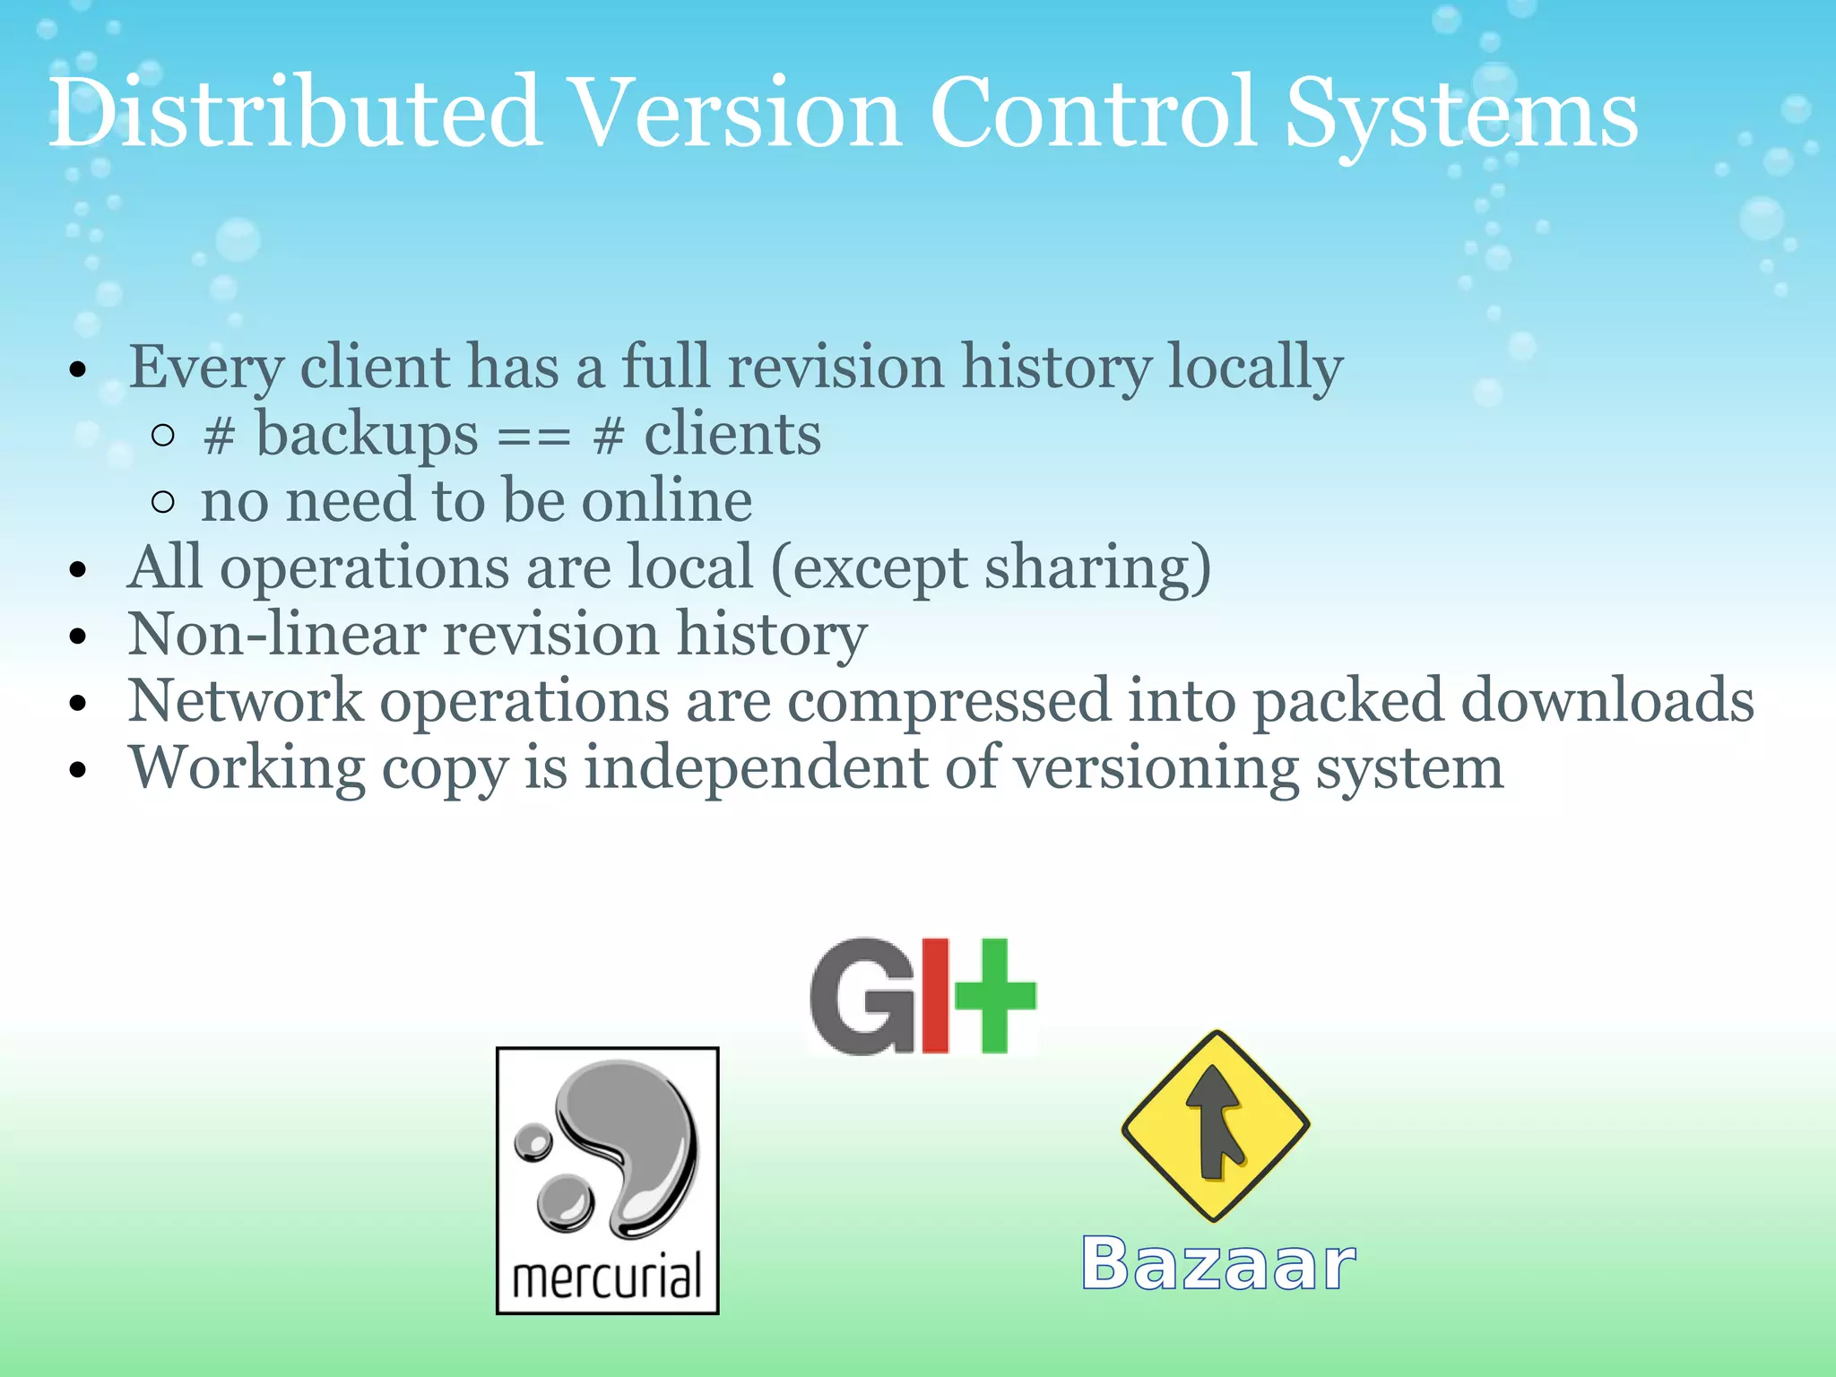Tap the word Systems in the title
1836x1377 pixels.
click(x=1461, y=115)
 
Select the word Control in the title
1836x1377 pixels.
click(x=1092, y=115)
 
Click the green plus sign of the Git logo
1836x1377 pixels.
click(x=995, y=995)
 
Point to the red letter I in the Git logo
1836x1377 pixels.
click(x=934, y=995)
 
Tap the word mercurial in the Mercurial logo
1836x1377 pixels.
click(x=607, y=1277)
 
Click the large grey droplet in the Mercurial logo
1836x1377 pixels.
click(x=637, y=1139)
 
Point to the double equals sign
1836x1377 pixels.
click(x=534, y=437)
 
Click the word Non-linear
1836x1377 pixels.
click(x=276, y=635)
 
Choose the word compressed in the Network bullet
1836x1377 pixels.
click(x=948, y=701)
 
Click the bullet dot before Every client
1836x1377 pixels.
click(x=79, y=369)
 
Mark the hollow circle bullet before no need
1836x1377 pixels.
click(x=163, y=502)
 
